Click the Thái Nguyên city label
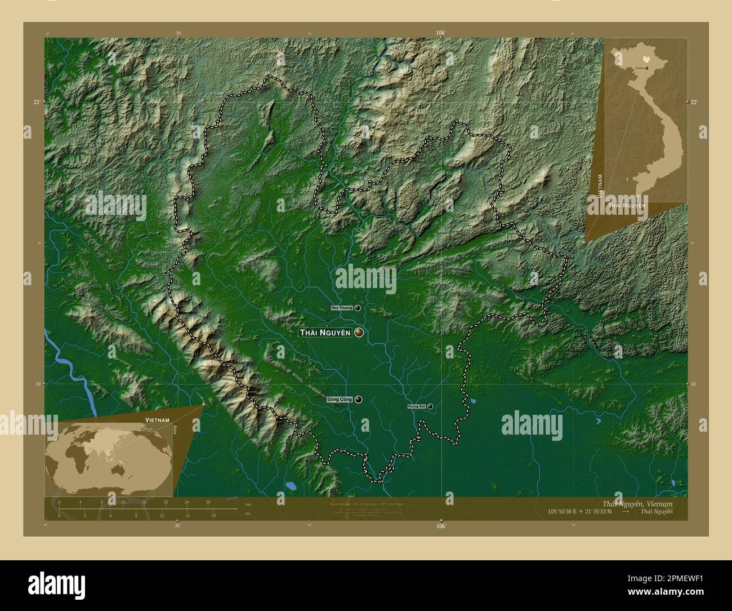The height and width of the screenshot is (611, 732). coord(325,333)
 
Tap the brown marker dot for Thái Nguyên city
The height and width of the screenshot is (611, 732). coord(359,333)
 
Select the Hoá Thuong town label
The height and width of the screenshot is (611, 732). coord(342,308)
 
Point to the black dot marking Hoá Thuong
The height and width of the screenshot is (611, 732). coord(358,308)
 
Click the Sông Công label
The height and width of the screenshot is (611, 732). coord(339,400)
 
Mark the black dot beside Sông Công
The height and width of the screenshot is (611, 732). coord(358,400)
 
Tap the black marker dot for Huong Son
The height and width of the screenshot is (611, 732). coord(430,406)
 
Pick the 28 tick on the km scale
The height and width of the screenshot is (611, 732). coord(208,502)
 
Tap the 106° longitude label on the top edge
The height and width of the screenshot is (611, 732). coord(440,33)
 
